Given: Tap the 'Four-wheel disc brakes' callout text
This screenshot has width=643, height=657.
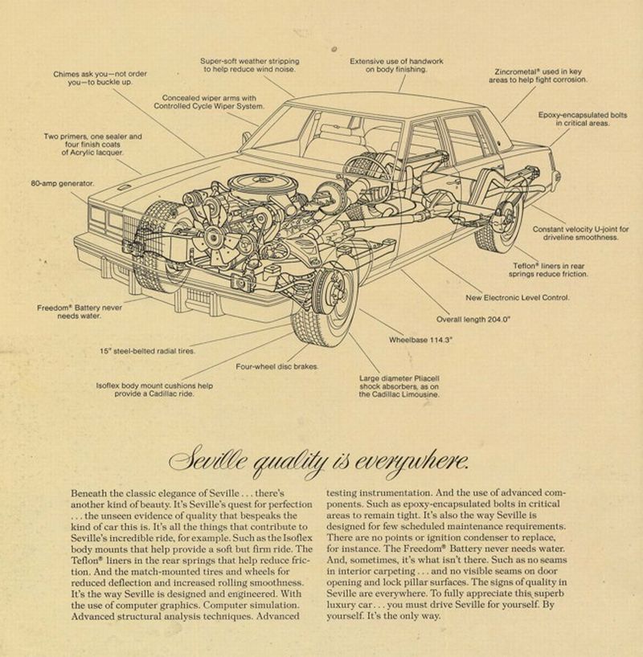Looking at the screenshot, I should point(277,366).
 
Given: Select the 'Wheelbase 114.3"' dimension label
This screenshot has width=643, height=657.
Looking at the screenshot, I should point(421,340).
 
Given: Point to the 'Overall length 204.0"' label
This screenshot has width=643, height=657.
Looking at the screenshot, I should point(473,318).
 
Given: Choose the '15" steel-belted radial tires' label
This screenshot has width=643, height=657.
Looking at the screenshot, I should point(147,351).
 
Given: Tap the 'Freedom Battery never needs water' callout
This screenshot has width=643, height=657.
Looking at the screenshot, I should point(79,312).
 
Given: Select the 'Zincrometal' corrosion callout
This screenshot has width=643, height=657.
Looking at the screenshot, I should point(538,75).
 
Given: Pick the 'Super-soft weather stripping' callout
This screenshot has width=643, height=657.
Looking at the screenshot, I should point(249,65).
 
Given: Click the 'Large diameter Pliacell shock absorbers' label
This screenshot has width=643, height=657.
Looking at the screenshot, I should point(399,386).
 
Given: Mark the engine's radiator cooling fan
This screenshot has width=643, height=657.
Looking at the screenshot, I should point(215,238).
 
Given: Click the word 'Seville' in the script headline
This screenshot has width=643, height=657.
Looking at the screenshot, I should point(218,461).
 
